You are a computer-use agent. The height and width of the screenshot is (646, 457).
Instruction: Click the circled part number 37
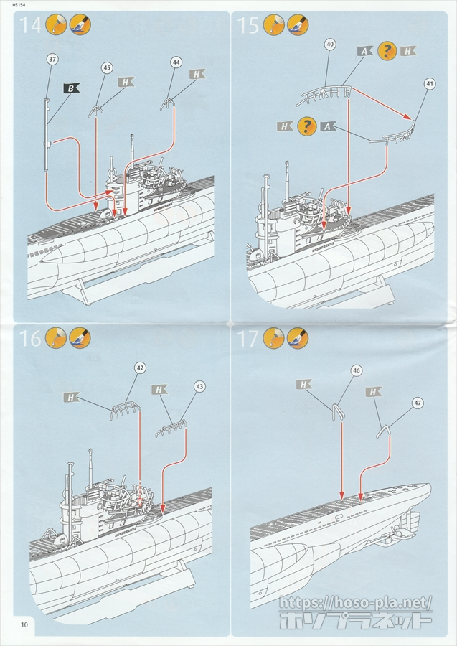tap(52, 59)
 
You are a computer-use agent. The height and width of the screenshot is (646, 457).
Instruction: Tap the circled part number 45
tap(107, 67)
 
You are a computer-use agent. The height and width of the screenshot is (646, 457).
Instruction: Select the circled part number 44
tap(176, 62)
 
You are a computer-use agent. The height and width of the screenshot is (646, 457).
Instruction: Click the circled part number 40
tap(330, 44)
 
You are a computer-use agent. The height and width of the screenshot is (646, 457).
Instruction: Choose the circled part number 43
tap(199, 386)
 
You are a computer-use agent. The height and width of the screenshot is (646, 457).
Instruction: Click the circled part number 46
tap(357, 370)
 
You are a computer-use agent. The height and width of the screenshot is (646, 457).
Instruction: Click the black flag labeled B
tap(71, 88)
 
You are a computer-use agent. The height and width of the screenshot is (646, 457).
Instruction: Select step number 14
tap(30, 27)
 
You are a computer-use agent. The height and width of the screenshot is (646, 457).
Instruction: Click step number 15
tap(248, 27)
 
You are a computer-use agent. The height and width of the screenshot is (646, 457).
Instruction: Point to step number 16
tap(31, 338)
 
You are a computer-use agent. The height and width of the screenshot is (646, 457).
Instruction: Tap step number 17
tap(248, 338)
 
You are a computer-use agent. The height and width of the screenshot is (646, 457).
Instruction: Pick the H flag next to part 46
tap(304, 385)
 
